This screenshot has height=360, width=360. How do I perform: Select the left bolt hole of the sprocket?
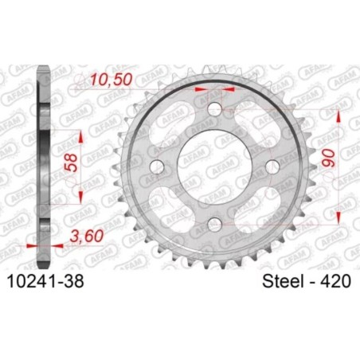(x=157, y=166)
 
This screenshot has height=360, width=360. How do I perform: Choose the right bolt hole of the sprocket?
(x=271, y=166)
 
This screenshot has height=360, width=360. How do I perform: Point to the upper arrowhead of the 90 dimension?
(x=340, y=115)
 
